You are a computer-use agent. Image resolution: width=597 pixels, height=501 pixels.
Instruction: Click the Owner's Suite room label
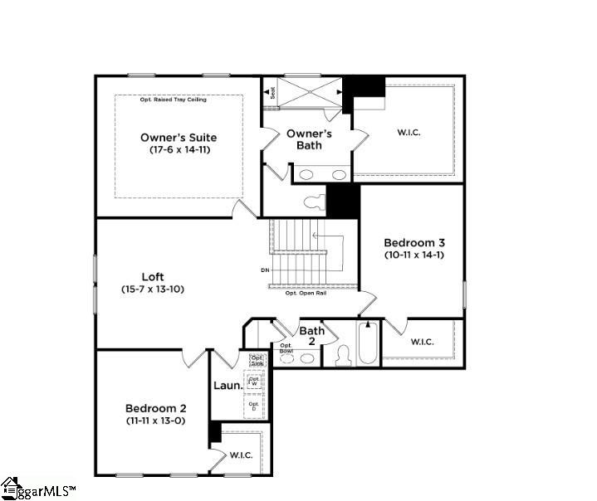[179, 137]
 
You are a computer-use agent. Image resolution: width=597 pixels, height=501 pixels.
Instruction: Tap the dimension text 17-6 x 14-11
[179, 150]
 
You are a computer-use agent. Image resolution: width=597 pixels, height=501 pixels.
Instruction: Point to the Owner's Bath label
[310, 139]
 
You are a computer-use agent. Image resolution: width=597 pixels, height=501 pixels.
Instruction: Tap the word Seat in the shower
[272, 94]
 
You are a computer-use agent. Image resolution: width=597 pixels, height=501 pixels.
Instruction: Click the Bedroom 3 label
[414, 242]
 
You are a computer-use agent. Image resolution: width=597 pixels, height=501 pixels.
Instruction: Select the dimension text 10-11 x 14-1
[414, 255]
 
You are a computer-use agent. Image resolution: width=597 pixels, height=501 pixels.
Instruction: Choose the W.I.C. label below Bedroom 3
[422, 341]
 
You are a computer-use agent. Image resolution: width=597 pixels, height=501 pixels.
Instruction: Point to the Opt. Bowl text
[286, 348]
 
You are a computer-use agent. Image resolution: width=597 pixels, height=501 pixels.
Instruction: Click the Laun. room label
[228, 386]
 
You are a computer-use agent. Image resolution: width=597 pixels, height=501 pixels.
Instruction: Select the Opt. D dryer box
[254, 406]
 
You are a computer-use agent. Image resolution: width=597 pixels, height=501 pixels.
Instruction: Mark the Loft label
[152, 277]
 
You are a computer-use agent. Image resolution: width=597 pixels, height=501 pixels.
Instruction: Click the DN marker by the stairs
[265, 270]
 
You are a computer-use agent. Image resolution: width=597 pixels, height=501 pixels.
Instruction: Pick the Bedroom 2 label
[155, 408]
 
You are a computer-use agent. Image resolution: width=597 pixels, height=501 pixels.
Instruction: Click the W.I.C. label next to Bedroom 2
[241, 455]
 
